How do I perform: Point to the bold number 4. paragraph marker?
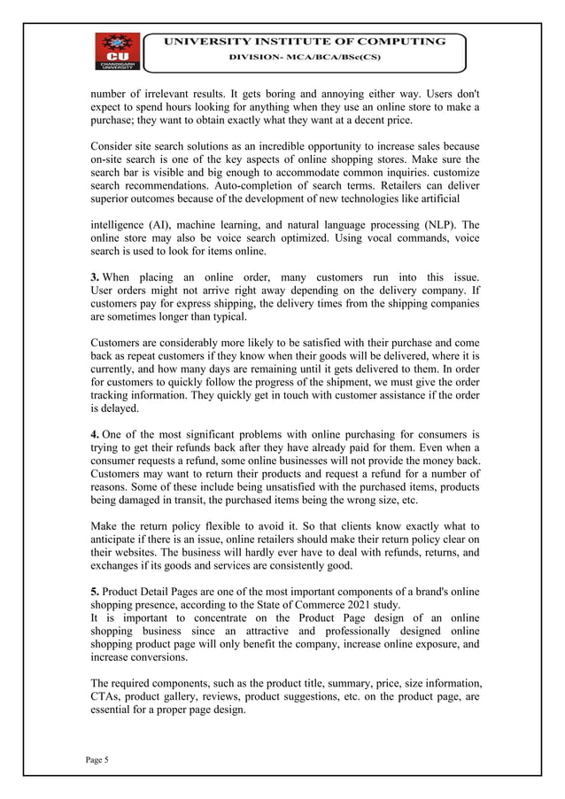[96, 434]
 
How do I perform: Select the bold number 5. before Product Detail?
[96, 590]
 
